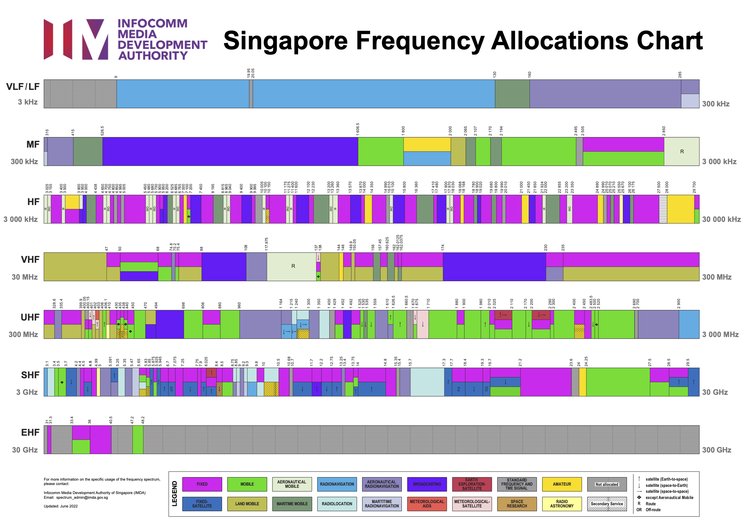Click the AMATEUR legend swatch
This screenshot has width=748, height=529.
coord(561,484)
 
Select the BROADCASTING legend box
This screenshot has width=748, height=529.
coord(427,484)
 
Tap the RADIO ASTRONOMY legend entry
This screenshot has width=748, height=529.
coord(561,504)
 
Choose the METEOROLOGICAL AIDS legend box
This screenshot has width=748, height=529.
coord(427,504)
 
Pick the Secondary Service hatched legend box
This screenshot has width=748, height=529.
coord(606,504)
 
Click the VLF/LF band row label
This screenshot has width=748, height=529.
coord(23,87)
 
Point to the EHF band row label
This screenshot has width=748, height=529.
coord(30,432)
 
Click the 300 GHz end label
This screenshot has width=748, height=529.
coord(716,450)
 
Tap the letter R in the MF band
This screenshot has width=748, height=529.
coord(681,151)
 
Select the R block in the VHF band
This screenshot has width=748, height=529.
coord(293,266)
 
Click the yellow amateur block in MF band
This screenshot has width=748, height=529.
coord(427,144)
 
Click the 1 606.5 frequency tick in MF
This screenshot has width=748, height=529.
coord(358,129)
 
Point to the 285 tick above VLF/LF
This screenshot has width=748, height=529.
coord(680,75)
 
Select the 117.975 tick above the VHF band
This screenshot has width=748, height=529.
coord(267,244)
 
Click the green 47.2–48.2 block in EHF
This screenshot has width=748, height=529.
coord(137,439)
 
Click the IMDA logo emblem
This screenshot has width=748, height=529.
coord(76,39)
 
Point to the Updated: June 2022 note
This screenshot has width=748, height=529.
coord(61,506)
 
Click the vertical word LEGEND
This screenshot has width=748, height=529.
coord(174,493)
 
